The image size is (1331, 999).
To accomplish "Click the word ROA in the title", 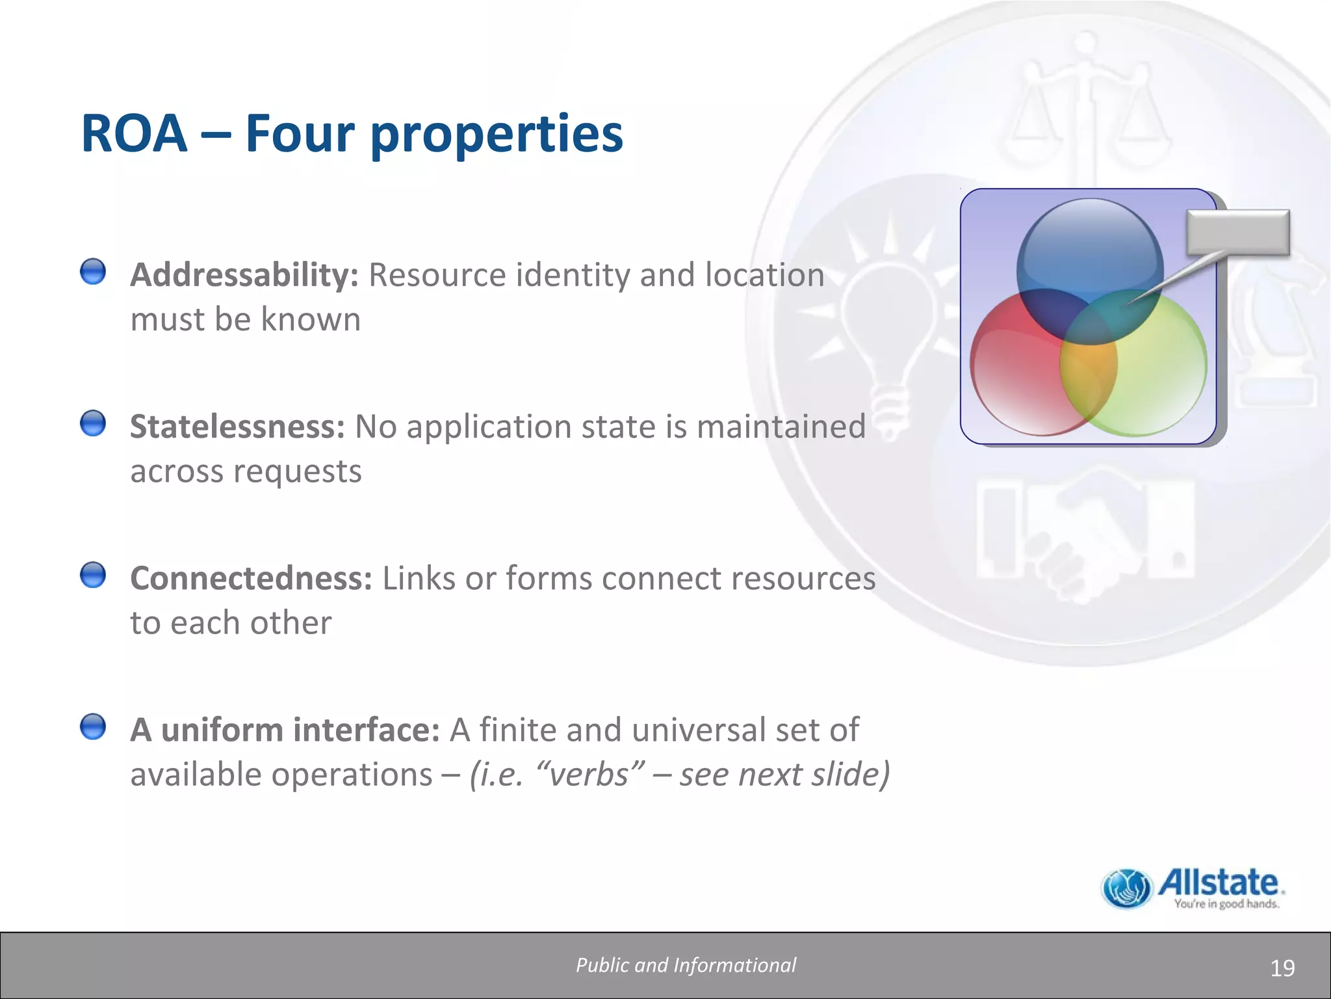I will [x=134, y=133].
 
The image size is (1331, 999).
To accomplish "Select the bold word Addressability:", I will [x=244, y=275].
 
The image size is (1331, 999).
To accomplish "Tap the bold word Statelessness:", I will [x=237, y=427].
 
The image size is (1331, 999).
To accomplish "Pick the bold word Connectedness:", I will [x=251, y=578].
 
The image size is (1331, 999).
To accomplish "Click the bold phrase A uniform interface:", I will [x=285, y=730].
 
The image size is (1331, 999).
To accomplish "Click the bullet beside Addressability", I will [x=93, y=271].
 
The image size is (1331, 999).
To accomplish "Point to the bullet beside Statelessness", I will [x=93, y=423].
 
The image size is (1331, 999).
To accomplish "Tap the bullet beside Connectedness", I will [x=93, y=575].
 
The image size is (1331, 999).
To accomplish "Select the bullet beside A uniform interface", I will [x=93, y=726].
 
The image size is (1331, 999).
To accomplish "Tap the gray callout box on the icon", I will [x=1237, y=232].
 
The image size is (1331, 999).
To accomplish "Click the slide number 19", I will [x=1282, y=968].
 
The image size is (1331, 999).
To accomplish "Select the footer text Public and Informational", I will [x=686, y=965].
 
